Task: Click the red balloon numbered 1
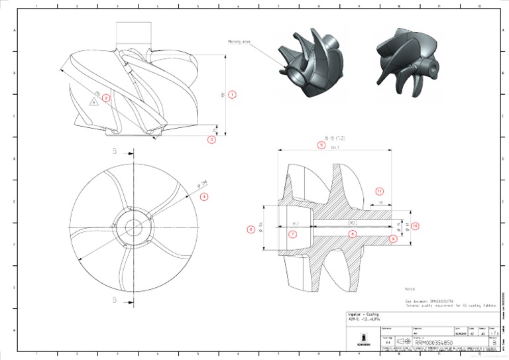tap(232, 95)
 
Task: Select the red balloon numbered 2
tap(105, 98)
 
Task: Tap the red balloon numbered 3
tap(211, 140)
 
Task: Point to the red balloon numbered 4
tap(204, 196)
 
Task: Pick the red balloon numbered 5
tap(321, 145)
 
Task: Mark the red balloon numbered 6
tap(251, 229)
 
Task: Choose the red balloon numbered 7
tap(292, 234)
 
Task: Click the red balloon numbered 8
tap(353, 234)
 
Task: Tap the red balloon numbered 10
tap(415, 226)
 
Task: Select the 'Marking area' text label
tap(239, 41)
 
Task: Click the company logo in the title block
tap(363, 337)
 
